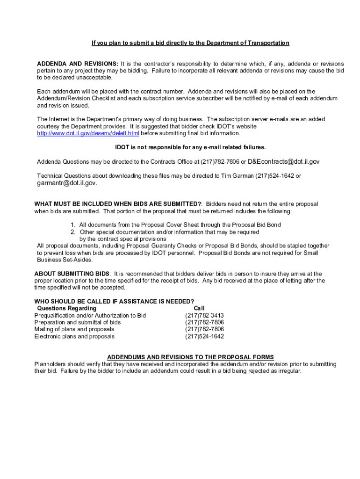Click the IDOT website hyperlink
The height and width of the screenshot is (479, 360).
(x=88, y=133)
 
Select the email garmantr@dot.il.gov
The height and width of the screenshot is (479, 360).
(x=67, y=183)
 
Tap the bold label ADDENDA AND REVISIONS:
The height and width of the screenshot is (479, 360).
(x=78, y=64)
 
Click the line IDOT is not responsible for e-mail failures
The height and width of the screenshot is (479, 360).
(x=190, y=147)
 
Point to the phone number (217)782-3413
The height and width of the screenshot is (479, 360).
(x=204, y=316)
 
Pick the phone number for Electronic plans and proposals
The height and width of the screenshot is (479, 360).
(x=204, y=336)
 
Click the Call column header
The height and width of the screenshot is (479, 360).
(x=199, y=309)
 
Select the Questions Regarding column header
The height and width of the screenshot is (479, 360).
(x=66, y=309)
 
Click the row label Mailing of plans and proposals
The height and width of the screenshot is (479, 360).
(x=74, y=329)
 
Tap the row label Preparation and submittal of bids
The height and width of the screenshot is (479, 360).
(x=78, y=322)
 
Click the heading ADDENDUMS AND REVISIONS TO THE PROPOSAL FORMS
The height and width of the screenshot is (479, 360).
(x=190, y=357)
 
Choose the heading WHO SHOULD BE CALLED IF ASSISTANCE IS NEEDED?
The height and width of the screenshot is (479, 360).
(x=114, y=301)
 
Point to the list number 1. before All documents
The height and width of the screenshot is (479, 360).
(x=73, y=225)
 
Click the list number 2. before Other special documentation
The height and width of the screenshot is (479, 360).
(x=73, y=232)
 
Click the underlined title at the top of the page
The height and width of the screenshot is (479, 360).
(x=190, y=43)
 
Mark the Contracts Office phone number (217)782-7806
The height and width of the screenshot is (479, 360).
(x=220, y=162)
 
